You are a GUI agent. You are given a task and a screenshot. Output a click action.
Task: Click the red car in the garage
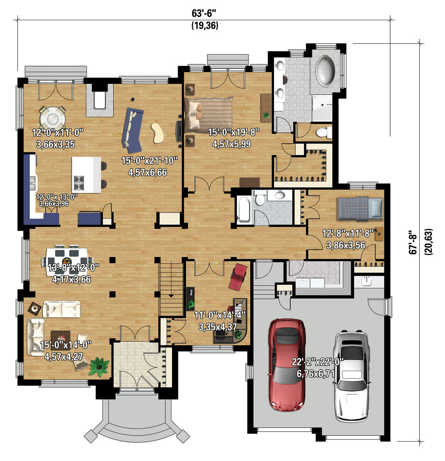pos(287,364)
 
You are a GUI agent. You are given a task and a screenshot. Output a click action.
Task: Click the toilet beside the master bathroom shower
pos(324,132)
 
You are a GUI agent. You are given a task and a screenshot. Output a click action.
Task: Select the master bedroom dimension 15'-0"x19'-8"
pos(234,132)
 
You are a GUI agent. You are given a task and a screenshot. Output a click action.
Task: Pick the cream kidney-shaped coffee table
pos(157,133)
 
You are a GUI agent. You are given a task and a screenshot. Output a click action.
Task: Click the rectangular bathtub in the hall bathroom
pos(244,209)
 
